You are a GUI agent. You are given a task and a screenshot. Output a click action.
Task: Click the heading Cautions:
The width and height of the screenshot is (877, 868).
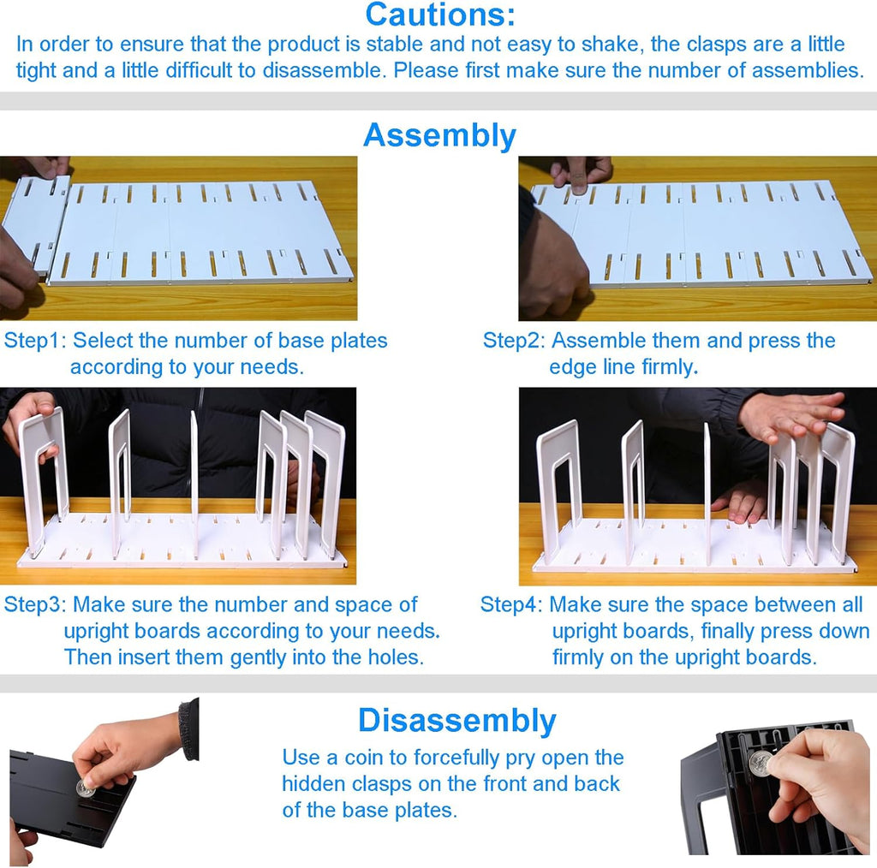pyautogui.click(x=439, y=15)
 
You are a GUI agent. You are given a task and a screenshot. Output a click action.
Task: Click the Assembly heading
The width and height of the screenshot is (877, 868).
pyautogui.click(x=439, y=135)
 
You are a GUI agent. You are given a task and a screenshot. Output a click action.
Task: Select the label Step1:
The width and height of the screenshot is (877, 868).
pyautogui.click(x=35, y=341)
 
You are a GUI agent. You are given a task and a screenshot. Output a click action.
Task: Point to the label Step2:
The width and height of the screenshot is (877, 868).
pyautogui.click(x=514, y=341)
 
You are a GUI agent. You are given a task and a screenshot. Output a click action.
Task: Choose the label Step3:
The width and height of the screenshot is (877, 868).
pyautogui.click(x=35, y=605)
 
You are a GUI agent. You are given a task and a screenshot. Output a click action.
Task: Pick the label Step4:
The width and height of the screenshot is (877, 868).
pyautogui.click(x=511, y=605)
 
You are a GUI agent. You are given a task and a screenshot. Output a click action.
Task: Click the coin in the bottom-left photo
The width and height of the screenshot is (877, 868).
pyautogui.click(x=85, y=788)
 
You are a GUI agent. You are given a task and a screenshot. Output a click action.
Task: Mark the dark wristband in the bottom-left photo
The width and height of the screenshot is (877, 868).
pyautogui.click(x=189, y=728)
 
